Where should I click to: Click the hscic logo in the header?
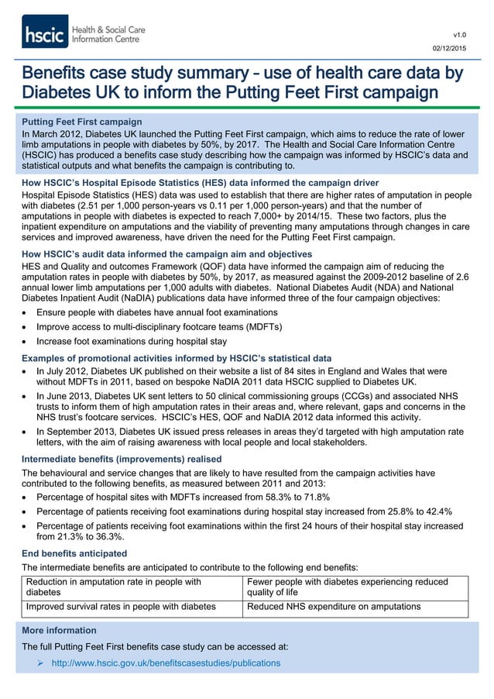click(83, 33)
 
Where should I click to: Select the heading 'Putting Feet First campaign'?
click(82, 122)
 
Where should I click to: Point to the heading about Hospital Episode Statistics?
click(190, 182)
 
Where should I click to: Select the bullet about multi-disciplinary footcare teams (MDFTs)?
click(160, 326)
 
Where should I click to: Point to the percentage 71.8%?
click(315, 497)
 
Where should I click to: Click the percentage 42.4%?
click(436, 511)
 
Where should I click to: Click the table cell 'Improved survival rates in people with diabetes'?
click(127, 607)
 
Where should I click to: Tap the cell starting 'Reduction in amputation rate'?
click(115, 587)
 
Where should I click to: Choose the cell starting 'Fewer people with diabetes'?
click(346, 587)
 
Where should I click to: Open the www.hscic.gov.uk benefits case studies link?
click(166, 663)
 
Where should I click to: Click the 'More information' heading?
click(60, 630)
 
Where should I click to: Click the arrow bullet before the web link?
click(41, 663)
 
